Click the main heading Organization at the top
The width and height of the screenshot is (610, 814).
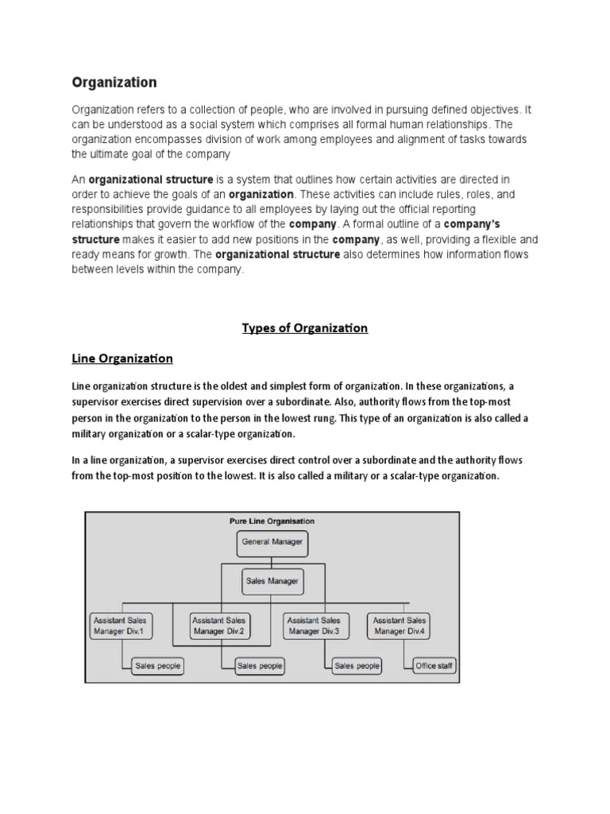(x=114, y=82)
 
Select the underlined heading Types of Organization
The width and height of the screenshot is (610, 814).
(x=305, y=328)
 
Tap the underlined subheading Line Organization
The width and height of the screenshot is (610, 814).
(x=122, y=359)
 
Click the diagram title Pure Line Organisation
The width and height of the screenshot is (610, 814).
(x=272, y=521)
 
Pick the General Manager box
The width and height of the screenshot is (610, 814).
(x=272, y=544)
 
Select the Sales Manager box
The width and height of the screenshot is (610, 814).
(x=272, y=581)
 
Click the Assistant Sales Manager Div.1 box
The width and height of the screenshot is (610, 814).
(x=120, y=626)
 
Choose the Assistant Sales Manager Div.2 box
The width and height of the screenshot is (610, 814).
(x=219, y=626)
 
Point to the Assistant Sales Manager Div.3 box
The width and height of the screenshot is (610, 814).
(x=314, y=626)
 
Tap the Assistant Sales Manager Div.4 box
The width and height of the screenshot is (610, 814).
(x=400, y=626)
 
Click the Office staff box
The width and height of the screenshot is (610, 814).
(x=434, y=666)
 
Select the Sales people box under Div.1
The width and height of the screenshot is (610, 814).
(x=157, y=666)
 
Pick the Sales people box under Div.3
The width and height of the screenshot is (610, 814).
(x=357, y=666)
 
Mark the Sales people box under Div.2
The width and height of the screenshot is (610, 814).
(x=260, y=666)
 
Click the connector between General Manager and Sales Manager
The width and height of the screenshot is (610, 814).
(x=272, y=560)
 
